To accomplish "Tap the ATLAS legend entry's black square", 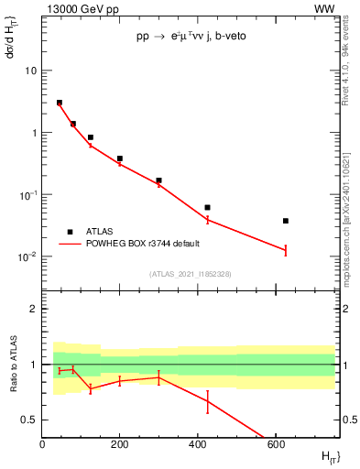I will [x=70, y=232].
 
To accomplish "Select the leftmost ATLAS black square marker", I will [x=60, y=103].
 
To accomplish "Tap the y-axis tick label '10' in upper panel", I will [x=31, y=71].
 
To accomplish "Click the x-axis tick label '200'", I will [x=120, y=444].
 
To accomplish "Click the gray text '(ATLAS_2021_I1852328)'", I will [x=189, y=274].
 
